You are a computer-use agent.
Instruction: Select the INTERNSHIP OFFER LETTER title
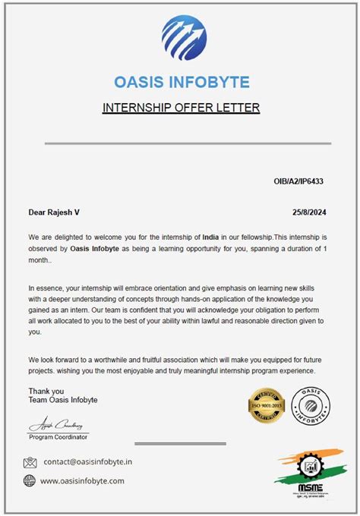(181, 108)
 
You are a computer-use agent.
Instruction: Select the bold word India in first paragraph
(210, 237)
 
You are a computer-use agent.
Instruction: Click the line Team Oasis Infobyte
(63, 400)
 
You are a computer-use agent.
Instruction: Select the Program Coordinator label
(58, 437)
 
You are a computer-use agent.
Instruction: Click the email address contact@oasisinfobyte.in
(88, 461)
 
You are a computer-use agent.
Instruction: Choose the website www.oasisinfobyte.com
(82, 480)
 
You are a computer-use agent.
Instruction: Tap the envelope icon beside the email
(30, 462)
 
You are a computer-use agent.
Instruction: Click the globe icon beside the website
(30, 480)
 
